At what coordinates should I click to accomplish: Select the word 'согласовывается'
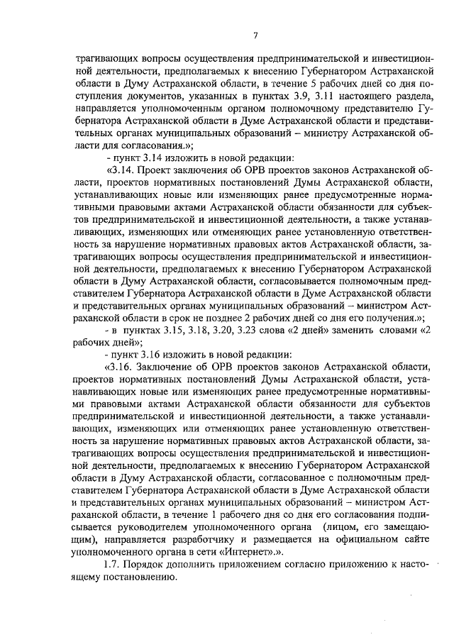pyautogui.click(x=240, y=282)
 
